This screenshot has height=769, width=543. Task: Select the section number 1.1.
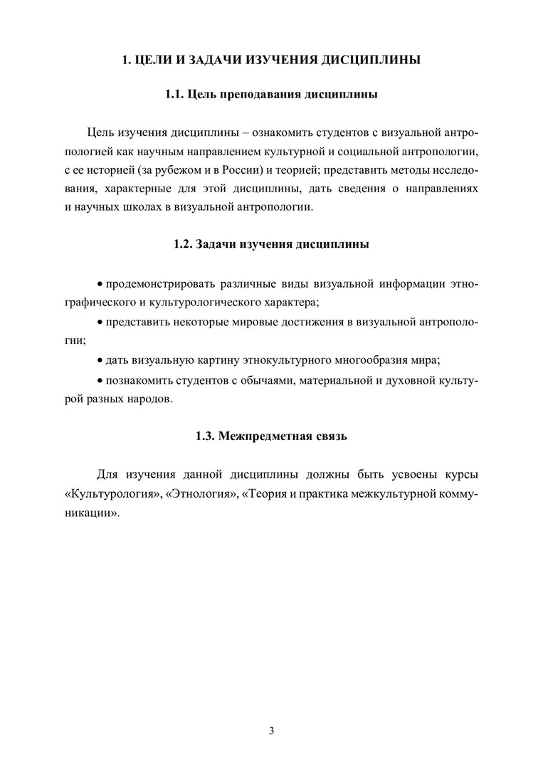click(x=175, y=94)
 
